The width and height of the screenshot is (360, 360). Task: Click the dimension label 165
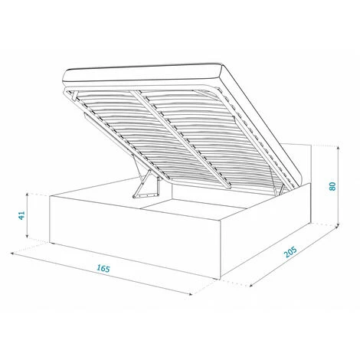click(x=103, y=268)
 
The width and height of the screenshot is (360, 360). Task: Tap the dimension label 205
click(x=290, y=252)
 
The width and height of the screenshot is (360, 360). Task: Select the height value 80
click(x=332, y=186)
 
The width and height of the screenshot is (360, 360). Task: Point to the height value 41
click(x=21, y=215)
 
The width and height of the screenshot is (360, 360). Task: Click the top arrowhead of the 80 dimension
click(x=339, y=148)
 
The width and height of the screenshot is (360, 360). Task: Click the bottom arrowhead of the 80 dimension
click(x=339, y=225)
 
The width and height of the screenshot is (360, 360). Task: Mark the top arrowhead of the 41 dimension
click(x=27, y=195)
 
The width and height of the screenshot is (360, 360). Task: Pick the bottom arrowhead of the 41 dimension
click(x=27, y=236)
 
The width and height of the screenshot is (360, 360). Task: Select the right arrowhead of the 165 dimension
click(x=190, y=294)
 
